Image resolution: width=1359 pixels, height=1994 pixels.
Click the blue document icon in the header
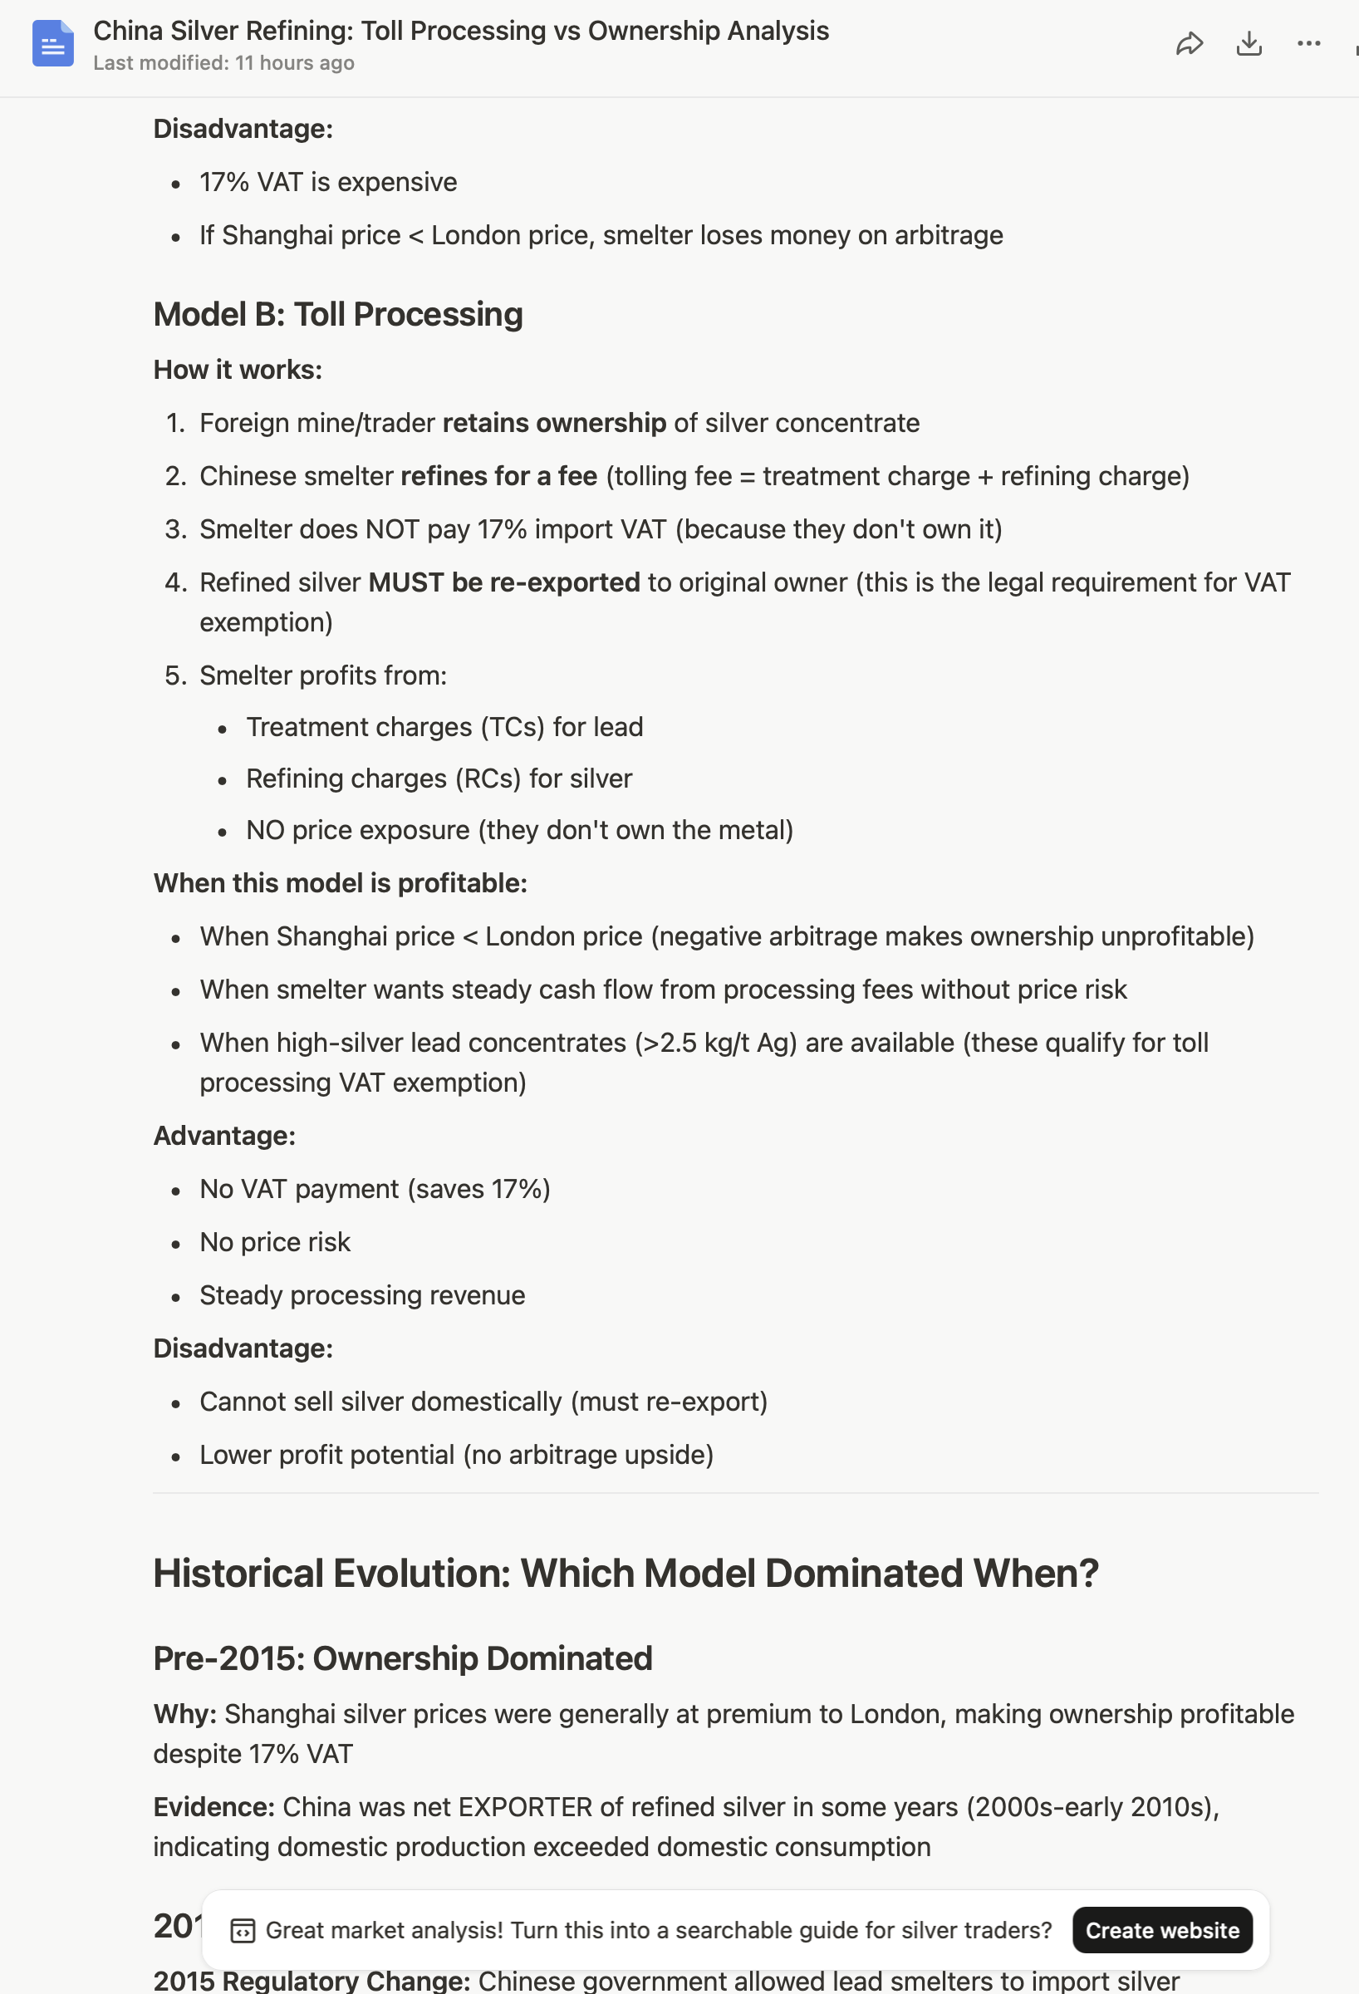pos(52,44)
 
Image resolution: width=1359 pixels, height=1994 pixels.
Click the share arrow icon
pos(1190,44)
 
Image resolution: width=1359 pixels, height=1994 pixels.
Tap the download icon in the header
pos(1249,44)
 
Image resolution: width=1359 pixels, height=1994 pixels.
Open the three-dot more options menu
pos(1308,44)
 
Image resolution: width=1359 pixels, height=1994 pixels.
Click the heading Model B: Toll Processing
pos(338,315)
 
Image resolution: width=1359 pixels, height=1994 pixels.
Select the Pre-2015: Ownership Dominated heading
pos(402,1658)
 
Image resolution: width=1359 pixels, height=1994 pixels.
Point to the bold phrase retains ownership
pos(554,423)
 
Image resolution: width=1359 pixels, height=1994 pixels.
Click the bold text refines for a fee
pos(498,476)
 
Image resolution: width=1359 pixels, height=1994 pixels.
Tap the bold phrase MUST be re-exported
pos(503,582)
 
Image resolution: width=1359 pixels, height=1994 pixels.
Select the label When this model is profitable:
pos(340,883)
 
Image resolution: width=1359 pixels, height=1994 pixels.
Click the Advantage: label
pos(224,1136)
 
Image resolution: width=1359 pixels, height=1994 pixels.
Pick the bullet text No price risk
pos(275,1242)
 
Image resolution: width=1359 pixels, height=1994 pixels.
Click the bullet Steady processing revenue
pos(362,1295)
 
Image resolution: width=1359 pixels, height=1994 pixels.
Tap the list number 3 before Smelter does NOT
pos(175,529)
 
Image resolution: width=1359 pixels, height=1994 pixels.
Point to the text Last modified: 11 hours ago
pos(223,63)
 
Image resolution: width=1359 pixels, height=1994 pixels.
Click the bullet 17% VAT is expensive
pos(328,182)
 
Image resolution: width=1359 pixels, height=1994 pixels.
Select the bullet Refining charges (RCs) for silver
pos(439,778)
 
